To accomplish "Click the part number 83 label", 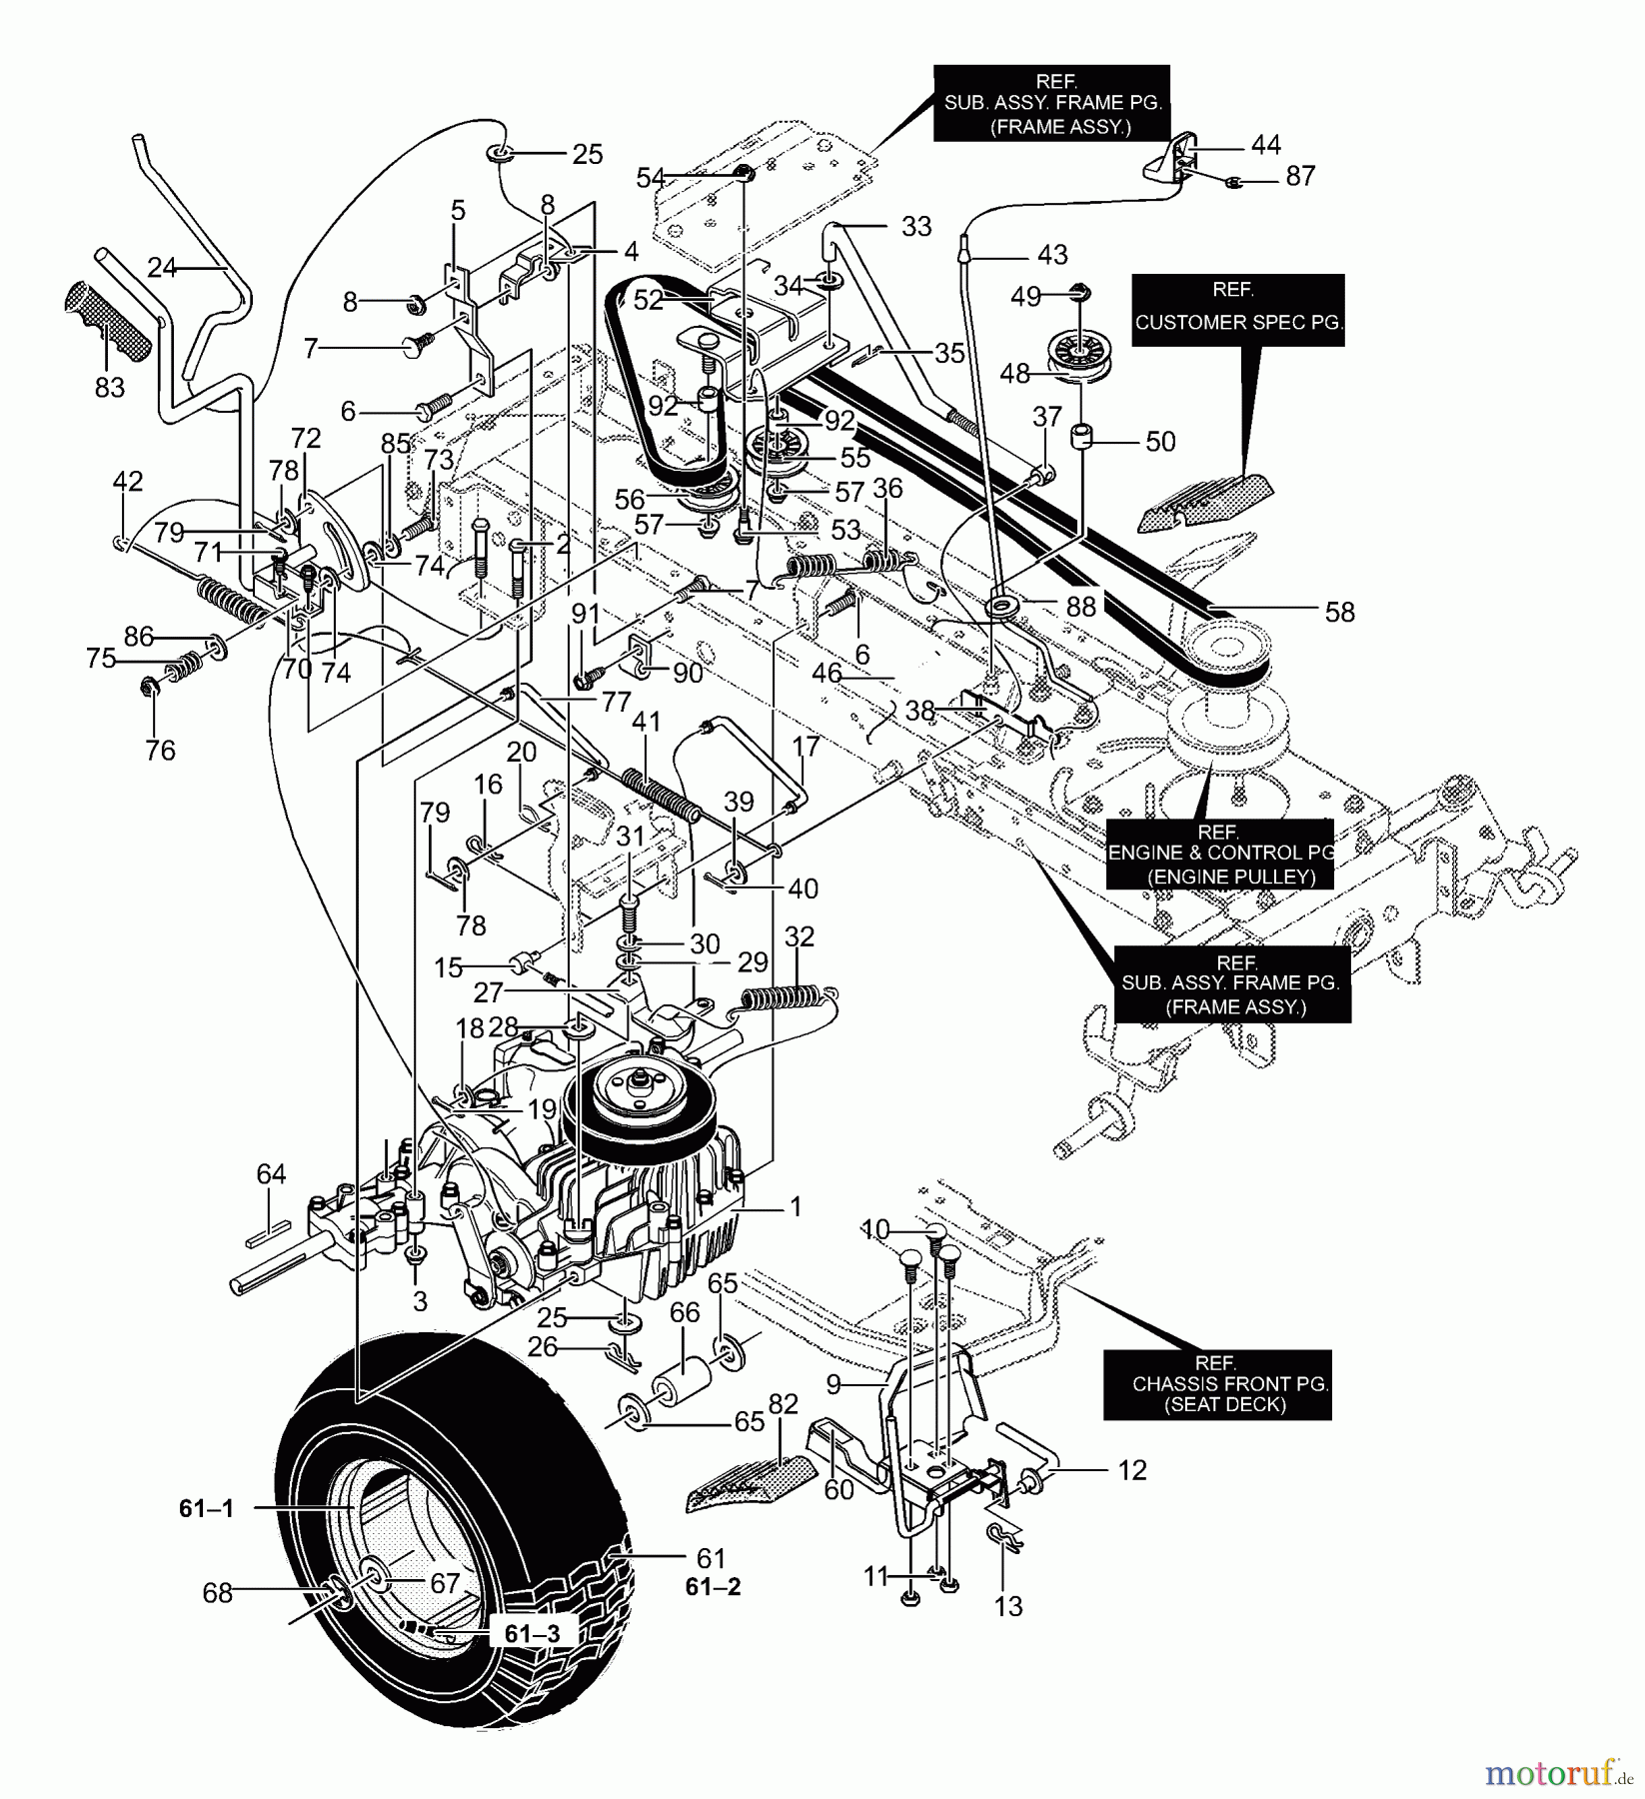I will [x=109, y=387].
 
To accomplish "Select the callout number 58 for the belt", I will [x=1339, y=612].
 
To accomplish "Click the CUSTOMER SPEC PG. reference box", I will [x=1237, y=310].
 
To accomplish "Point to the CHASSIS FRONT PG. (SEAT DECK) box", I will [x=1217, y=1384].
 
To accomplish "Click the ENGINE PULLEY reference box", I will [x=1220, y=856].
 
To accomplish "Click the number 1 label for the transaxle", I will [x=796, y=1207].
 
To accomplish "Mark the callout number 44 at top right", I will [x=1266, y=145].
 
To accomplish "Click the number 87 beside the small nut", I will [x=1300, y=176].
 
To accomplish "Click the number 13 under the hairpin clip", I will [x=1009, y=1606].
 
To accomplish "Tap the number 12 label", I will [x=1131, y=1470].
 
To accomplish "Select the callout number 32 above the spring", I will [x=800, y=937].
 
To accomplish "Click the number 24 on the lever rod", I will [x=162, y=267].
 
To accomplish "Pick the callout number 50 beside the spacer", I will [x=1159, y=441].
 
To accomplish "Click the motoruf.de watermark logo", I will [x=1560, y=1772].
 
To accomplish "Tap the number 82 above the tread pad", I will [x=785, y=1403].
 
